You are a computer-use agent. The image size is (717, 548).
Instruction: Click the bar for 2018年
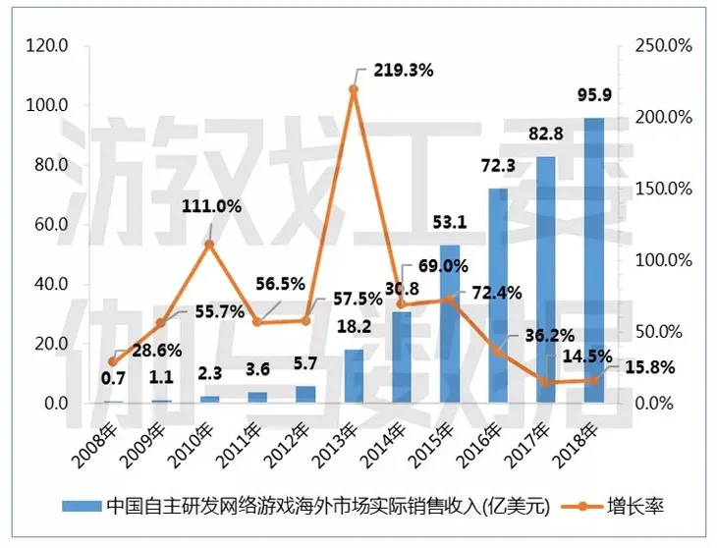[594, 260]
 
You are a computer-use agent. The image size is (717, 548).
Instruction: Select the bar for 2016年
[498, 295]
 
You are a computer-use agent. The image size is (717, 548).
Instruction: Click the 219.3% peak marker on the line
[354, 89]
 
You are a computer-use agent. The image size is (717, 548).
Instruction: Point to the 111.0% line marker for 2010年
[209, 244]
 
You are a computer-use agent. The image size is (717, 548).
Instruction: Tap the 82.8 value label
[545, 135]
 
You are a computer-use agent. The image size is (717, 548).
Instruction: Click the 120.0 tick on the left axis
[46, 45]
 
